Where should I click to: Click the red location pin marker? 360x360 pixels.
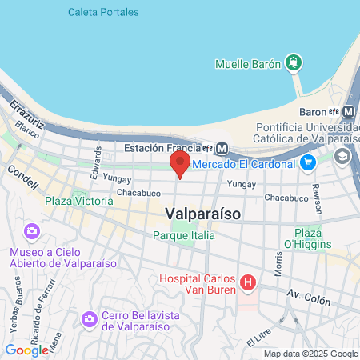(x=180, y=164)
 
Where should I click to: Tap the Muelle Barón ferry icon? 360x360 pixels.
(x=294, y=62)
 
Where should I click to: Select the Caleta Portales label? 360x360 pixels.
(x=103, y=12)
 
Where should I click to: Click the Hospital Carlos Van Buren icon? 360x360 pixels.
(x=248, y=282)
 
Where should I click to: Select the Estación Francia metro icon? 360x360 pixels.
(x=222, y=148)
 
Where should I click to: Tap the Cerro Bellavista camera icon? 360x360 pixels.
(x=90, y=319)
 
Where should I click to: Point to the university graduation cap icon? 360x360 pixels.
(x=342, y=156)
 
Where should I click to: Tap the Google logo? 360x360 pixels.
(x=26, y=350)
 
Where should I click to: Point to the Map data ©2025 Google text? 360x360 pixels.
(x=311, y=354)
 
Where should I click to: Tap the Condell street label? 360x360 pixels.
(x=22, y=177)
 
